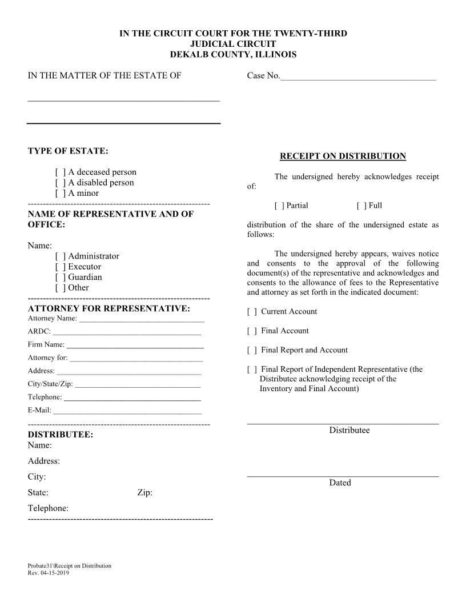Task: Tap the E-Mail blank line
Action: coord(127,411)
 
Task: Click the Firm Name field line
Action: coord(135,346)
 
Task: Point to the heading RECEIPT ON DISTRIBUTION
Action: coord(343,156)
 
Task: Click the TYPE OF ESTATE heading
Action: coord(68,151)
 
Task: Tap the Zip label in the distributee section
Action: coord(144,493)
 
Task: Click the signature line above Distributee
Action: coord(343,423)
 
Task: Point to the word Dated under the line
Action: coord(340,483)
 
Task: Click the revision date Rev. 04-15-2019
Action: coord(48,573)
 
